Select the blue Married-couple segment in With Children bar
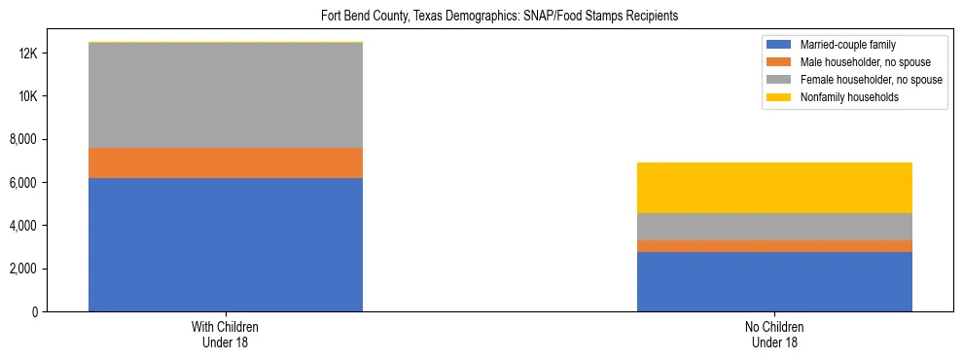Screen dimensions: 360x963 coord(226,244)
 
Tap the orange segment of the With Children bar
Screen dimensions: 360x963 coord(226,162)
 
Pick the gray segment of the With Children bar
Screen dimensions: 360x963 coord(226,95)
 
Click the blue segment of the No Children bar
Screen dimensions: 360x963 coord(774,281)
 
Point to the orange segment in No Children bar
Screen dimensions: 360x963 coord(774,246)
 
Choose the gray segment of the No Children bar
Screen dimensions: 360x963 coord(774,227)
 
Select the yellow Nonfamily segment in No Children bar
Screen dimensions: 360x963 coord(774,188)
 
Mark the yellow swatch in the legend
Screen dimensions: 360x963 coord(779,97)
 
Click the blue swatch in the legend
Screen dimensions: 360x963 coord(779,45)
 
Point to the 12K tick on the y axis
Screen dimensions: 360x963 coord(27,54)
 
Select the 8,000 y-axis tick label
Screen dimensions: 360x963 coord(23,140)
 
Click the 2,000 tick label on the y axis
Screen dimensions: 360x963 coord(23,269)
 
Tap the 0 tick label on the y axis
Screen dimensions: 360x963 coord(35,311)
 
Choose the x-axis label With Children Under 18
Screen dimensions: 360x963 coord(226,335)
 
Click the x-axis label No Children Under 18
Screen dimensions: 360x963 coord(774,335)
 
